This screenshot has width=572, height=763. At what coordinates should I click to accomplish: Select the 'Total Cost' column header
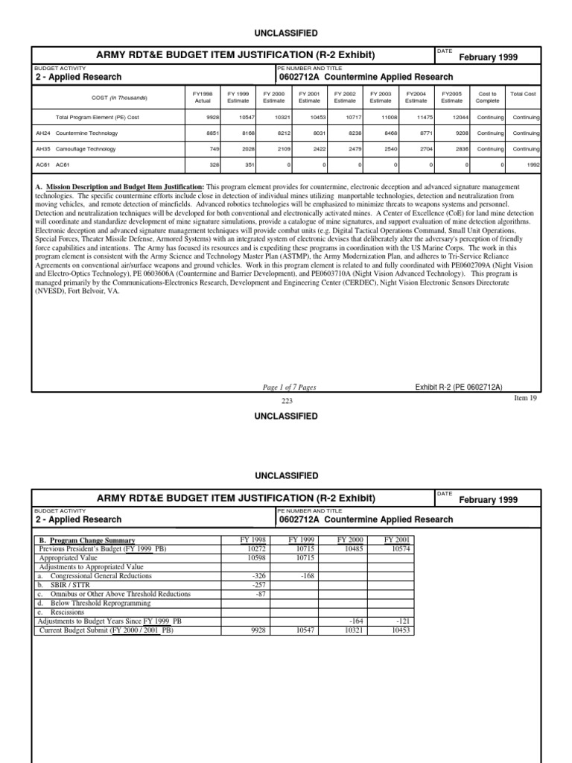coord(523,94)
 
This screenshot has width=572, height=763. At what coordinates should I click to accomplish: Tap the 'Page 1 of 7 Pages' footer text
coord(290,387)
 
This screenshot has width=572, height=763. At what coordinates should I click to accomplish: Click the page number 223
coord(287,401)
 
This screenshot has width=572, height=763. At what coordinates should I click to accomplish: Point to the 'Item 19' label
coord(526,398)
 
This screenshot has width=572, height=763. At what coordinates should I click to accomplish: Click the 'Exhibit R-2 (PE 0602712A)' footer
coord(459,387)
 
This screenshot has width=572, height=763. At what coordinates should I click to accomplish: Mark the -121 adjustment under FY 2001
coord(401,621)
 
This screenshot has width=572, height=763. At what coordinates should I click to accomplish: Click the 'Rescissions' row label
coord(69,612)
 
